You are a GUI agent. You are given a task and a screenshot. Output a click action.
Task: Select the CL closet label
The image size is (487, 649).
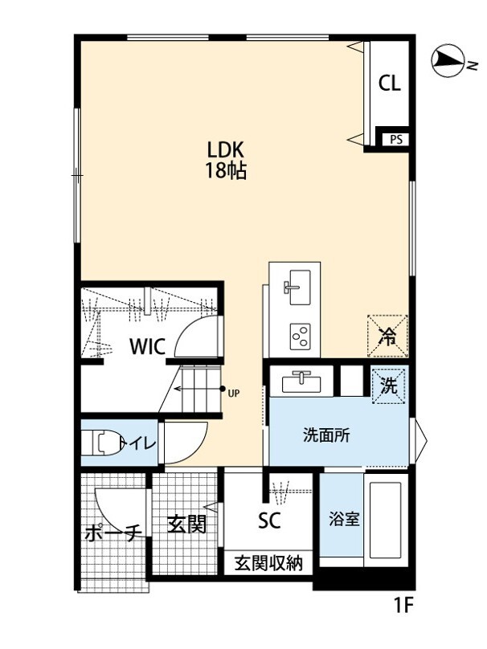(390, 84)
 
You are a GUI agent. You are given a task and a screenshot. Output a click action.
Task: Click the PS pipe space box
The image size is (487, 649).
(395, 139)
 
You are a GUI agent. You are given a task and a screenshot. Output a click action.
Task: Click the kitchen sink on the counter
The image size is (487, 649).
(298, 284)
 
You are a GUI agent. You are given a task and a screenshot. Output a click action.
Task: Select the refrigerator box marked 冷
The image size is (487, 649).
(388, 336)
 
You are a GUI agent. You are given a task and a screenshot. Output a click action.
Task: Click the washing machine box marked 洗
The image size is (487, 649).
(389, 385)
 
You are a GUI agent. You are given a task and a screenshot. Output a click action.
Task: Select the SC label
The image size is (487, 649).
(268, 521)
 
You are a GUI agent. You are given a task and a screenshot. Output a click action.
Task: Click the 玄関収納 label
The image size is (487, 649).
(268, 563)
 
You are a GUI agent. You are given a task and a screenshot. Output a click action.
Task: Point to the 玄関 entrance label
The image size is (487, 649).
(187, 525)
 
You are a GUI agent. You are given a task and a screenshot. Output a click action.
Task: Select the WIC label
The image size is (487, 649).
(148, 347)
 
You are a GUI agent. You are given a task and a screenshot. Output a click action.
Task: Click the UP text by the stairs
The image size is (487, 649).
(234, 393)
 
